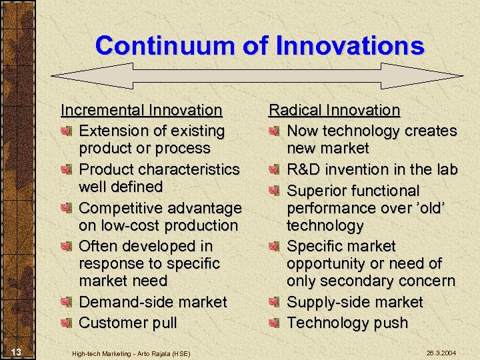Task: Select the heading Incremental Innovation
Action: (141, 109)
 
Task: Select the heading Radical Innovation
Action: (334, 109)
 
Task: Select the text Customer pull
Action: (128, 323)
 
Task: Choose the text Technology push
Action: (347, 323)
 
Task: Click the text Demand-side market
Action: (153, 302)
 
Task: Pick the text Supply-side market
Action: (355, 302)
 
